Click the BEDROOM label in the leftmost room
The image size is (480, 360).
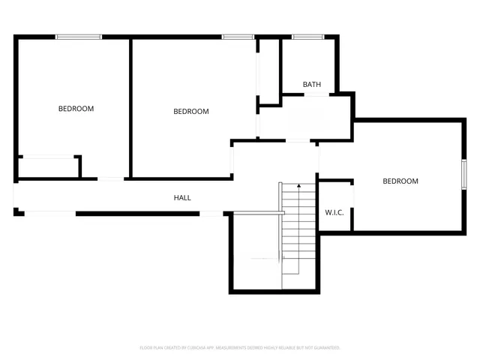pos(76,109)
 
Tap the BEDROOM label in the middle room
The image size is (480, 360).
pos(190,112)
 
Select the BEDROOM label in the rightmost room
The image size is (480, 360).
pos(400,181)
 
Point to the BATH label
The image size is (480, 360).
pos(312,85)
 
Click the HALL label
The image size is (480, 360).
pos(182,198)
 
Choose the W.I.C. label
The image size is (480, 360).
pos(334,212)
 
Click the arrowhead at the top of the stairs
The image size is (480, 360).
pos(299,184)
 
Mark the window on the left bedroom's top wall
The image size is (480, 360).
pos(79,36)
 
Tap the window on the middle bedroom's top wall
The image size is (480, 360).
pos(237,36)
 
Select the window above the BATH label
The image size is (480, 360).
pos(307,36)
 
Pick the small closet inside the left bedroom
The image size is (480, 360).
pos(48,166)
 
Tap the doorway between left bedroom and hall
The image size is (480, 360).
pos(112,178)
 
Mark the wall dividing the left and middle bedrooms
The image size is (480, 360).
pos(131,105)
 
